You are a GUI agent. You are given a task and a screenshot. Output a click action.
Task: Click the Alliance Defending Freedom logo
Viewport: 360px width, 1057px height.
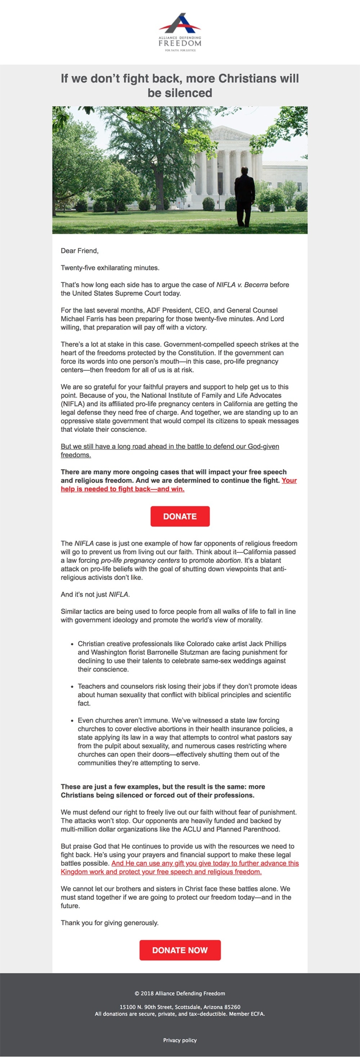180,32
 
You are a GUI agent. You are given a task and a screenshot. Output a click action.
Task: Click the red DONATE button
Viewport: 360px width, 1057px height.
180,516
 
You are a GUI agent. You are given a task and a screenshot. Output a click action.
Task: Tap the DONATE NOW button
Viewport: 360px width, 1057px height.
180,950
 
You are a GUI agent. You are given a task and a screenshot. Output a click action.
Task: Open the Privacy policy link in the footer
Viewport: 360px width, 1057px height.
180,1040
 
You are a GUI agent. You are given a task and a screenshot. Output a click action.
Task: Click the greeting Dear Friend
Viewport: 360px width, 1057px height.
80,251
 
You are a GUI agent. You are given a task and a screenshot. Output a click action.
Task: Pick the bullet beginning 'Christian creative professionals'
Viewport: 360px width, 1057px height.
182,656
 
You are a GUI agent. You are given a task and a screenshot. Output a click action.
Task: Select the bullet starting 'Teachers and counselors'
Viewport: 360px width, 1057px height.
187,694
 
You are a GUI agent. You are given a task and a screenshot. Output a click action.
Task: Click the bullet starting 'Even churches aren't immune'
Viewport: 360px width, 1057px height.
185,741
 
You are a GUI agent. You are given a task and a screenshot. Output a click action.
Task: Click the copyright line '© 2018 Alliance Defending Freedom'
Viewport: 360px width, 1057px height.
180,993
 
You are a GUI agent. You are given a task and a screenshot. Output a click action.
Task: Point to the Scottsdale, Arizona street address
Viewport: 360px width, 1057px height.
180,1007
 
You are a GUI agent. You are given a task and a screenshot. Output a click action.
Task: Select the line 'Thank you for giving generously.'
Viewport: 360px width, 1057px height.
110,923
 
